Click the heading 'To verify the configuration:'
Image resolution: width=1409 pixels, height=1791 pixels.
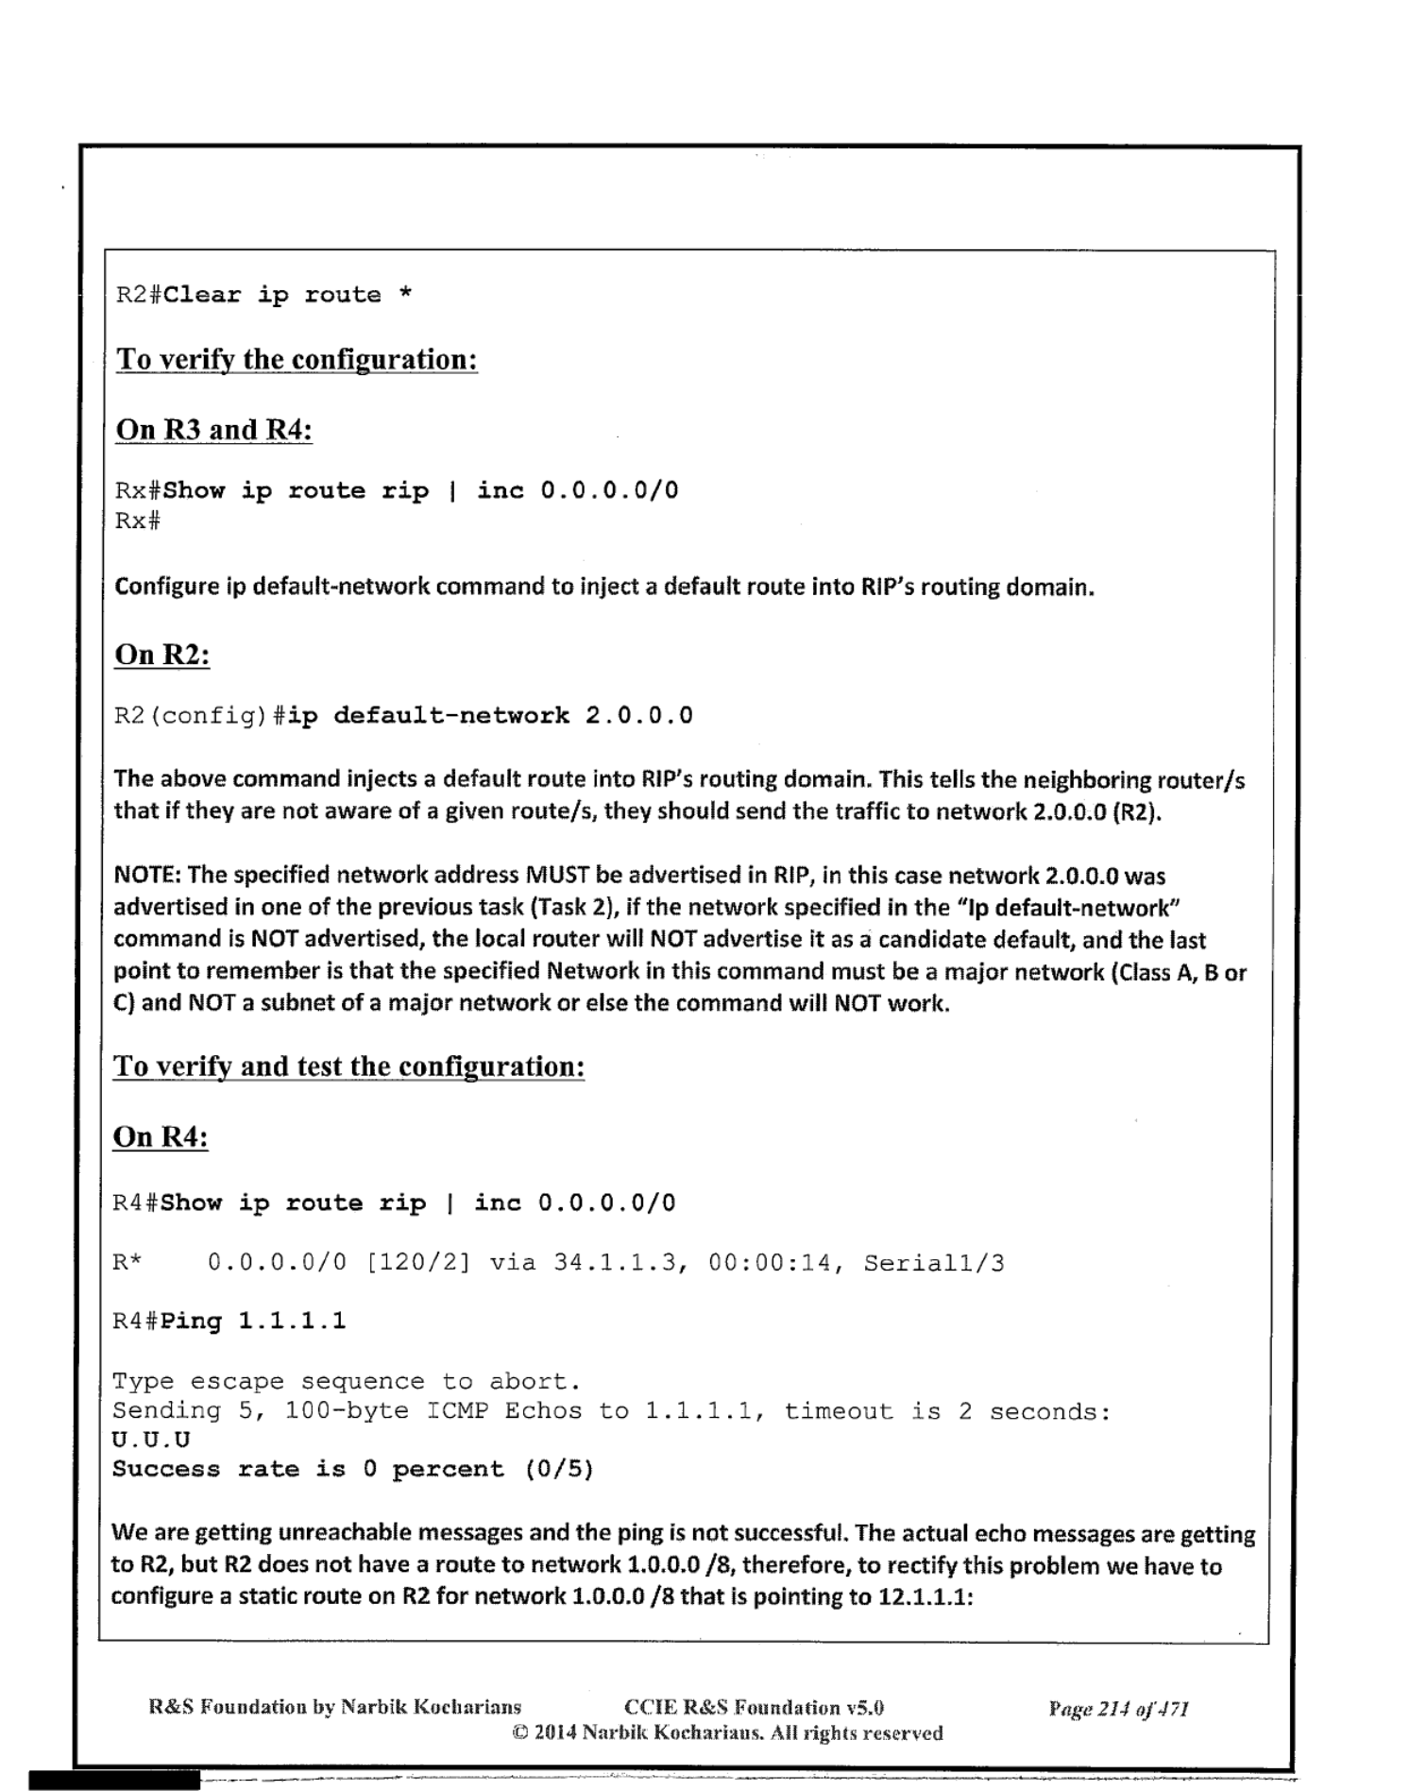coord(297,360)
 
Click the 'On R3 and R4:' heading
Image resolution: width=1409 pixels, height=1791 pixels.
coord(213,430)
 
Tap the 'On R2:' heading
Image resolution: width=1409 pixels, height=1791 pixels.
coord(161,654)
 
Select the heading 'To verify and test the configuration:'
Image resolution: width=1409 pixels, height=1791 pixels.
coord(348,1066)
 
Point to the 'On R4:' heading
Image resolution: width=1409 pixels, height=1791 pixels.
coord(160,1136)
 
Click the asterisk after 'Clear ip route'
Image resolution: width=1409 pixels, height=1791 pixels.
coord(405,295)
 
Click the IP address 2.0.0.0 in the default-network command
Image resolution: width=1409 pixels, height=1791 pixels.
coord(638,715)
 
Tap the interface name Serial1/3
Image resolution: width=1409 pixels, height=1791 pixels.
coord(933,1263)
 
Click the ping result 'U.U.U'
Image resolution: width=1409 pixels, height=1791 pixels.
coord(151,1440)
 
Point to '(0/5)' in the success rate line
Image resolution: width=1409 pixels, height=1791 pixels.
coord(559,1469)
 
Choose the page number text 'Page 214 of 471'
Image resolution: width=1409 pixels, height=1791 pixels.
coord(1118,1708)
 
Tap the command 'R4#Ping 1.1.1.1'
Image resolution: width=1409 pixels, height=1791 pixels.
coord(229,1321)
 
